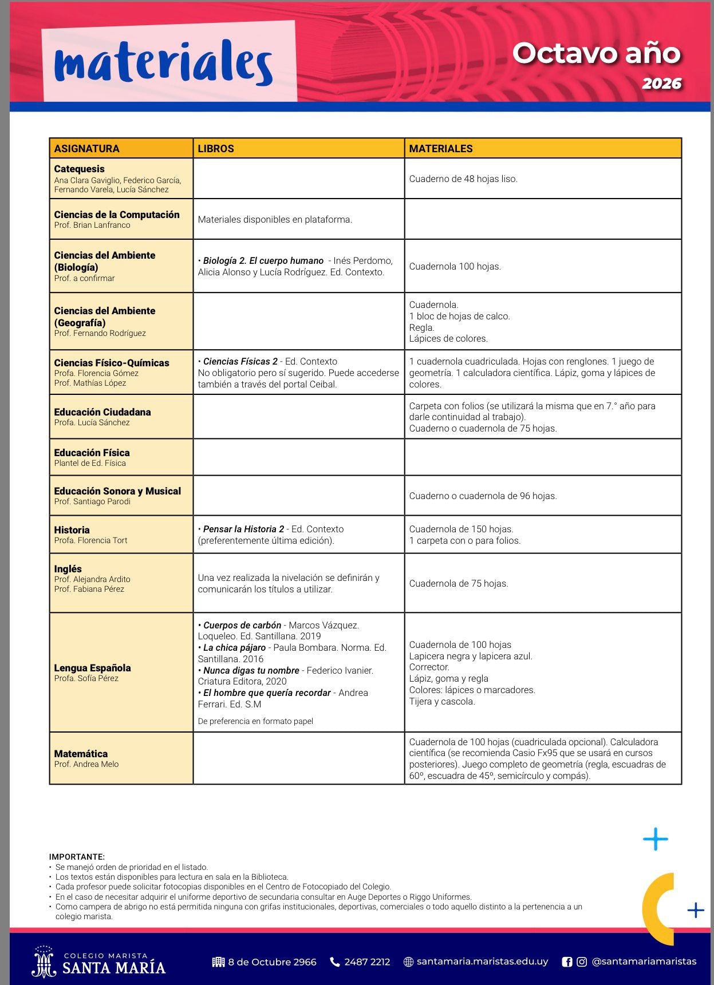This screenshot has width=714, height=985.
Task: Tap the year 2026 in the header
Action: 661,84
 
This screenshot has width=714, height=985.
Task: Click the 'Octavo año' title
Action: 596,53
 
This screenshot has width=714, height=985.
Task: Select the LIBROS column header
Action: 216,149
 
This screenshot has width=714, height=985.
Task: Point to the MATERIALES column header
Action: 441,149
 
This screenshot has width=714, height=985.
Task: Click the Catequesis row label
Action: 80,169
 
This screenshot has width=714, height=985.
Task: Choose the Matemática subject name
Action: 81,754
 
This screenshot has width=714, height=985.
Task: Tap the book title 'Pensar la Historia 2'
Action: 243,529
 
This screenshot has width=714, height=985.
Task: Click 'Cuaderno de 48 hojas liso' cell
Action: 463,179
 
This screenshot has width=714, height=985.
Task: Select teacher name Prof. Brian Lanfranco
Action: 92,225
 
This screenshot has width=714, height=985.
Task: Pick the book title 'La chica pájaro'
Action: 234,648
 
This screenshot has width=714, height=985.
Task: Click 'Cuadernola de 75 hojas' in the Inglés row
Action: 459,584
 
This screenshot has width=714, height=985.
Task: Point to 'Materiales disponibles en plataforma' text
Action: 275,220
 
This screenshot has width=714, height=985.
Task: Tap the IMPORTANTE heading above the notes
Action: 77,857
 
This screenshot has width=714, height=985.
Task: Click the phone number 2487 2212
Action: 367,962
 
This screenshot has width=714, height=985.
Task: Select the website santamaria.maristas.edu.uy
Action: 482,962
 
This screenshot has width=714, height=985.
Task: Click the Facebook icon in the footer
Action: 567,962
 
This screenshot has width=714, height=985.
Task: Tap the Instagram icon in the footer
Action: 582,962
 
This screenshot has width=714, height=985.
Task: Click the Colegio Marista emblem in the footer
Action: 44,962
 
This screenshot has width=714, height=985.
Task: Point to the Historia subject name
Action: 72,530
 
